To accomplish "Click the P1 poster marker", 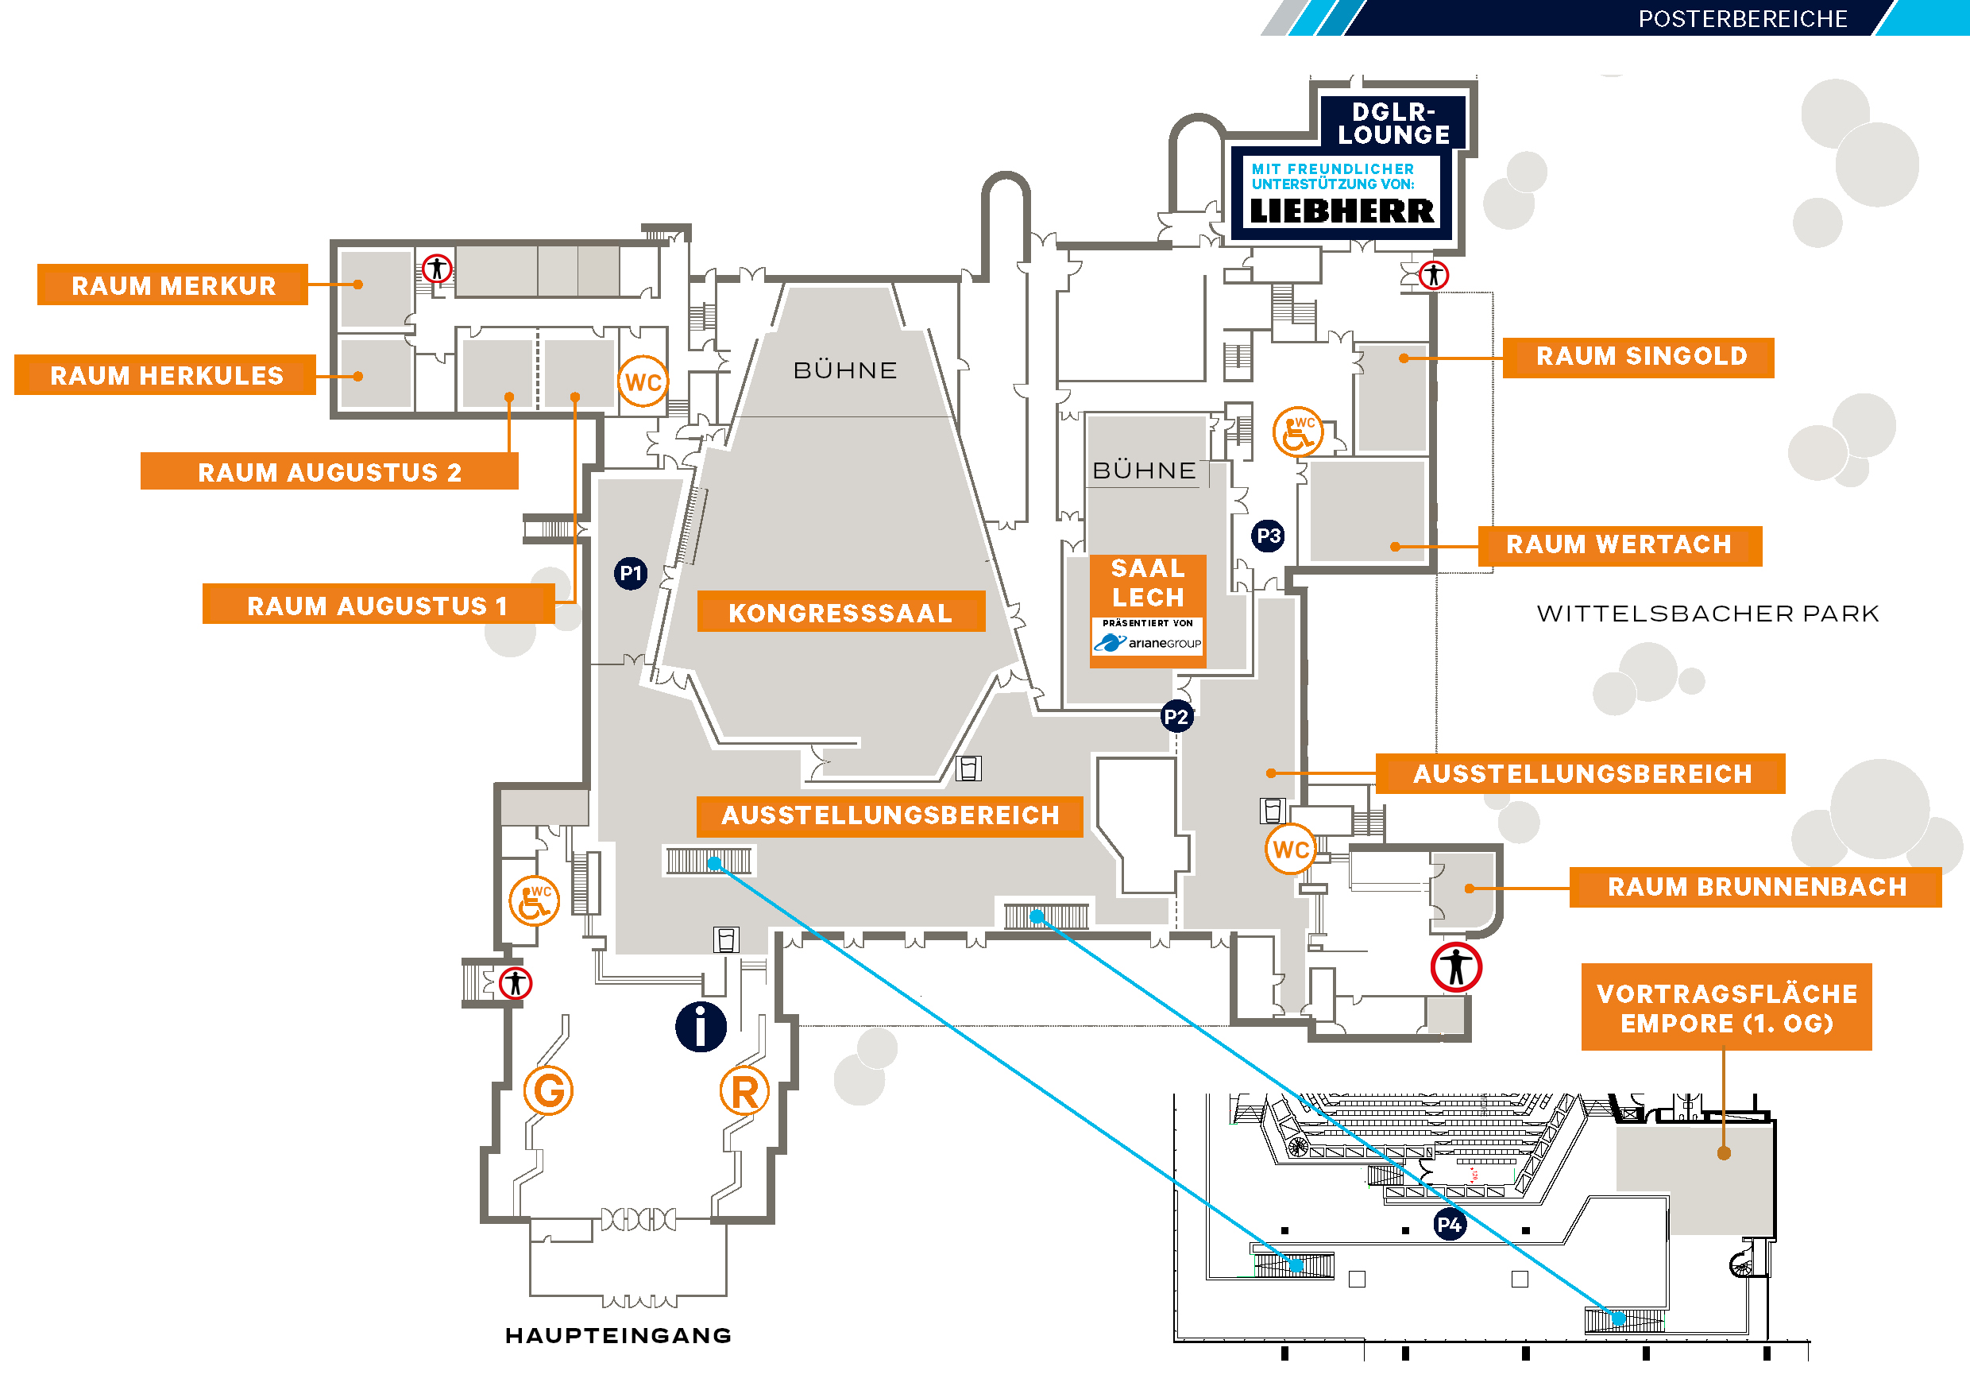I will (x=631, y=573).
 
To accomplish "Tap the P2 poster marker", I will (x=1176, y=717).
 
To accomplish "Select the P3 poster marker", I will (x=1268, y=536).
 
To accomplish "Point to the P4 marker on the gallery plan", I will (x=1449, y=1225).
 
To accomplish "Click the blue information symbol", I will (x=701, y=1027).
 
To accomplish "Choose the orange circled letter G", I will (x=548, y=1091).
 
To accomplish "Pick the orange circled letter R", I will (x=744, y=1092).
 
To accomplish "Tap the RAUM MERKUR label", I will (x=172, y=285).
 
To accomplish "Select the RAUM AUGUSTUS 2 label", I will (x=330, y=472).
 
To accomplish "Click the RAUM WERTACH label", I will (x=1619, y=545).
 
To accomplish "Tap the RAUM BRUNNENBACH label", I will (x=1756, y=887).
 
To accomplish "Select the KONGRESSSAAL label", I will (x=840, y=612).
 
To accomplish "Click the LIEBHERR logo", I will (x=1341, y=211).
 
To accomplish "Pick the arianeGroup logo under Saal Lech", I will (x=1148, y=643).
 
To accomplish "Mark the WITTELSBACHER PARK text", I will (x=1707, y=613).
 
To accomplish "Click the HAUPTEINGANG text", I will (x=618, y=1336).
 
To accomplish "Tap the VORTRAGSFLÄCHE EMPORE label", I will (x=1726, y=1008).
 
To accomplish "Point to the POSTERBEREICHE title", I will (x=1743, y=19).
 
